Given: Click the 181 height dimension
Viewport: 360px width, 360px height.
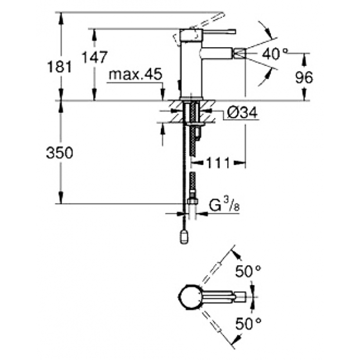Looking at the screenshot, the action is point(60,67).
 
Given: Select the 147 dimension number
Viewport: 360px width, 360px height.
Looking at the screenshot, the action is point(95,57).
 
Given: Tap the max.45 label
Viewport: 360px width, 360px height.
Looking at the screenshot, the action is point(135,74).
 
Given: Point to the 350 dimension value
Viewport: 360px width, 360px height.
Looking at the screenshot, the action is point(60,153).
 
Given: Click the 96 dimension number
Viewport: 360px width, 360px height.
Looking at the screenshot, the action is point(304,77).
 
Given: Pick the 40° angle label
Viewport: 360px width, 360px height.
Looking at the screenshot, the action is point(275,54).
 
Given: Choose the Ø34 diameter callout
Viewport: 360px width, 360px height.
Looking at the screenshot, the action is point(242,113).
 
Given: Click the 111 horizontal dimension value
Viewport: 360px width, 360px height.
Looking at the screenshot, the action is point(218,163).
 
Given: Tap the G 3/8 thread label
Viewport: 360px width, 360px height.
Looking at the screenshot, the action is point(224,204).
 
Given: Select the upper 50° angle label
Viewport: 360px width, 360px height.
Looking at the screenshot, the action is point(248,271).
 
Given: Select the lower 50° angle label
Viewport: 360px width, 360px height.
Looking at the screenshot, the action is point(248,323).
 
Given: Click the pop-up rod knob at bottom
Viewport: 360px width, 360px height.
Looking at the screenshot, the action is point(184,237).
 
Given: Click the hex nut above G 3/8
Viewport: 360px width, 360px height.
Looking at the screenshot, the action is point(193,201).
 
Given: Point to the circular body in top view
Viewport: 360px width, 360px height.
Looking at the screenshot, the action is point(190,297).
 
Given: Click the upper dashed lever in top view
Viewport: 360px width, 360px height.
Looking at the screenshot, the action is point(212,274).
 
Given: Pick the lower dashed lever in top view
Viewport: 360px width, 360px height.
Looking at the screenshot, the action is point(212,321).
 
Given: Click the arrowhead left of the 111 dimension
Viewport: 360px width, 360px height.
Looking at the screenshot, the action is point(196,163).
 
